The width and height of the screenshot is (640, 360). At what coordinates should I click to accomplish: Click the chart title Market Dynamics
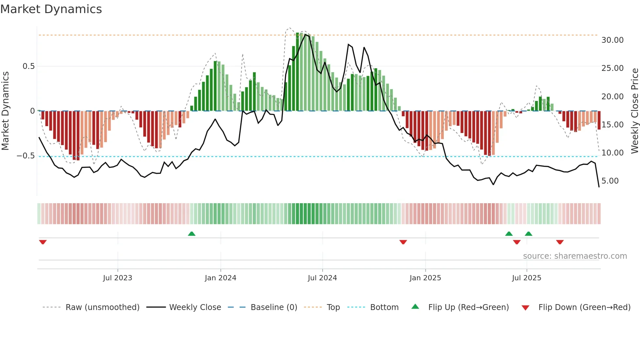(51, 9)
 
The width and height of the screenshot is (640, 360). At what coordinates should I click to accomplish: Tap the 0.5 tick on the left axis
(28, 66)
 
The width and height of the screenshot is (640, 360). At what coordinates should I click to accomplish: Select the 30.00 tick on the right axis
(612, 40)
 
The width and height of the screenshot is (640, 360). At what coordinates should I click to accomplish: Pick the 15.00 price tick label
(612, 125)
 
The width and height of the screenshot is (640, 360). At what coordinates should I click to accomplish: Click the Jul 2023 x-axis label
(118, 278)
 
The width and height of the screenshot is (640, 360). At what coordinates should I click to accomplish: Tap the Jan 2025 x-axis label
(425, 278)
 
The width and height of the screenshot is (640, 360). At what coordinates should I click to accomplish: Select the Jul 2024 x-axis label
(322, 278)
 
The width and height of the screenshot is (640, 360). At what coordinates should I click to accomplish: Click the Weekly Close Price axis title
(634, 111)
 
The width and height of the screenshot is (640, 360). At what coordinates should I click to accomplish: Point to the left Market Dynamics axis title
(5, 111)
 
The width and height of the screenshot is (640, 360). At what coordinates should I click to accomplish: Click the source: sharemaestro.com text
(575, 256)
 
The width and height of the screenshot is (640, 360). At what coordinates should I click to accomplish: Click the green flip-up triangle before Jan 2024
(192, 234)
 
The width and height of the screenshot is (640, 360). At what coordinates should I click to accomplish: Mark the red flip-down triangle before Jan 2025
(403, 242)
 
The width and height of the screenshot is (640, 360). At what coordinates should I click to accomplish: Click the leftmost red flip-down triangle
(43, 242)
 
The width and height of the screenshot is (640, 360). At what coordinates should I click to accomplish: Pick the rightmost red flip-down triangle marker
(560, 242)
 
